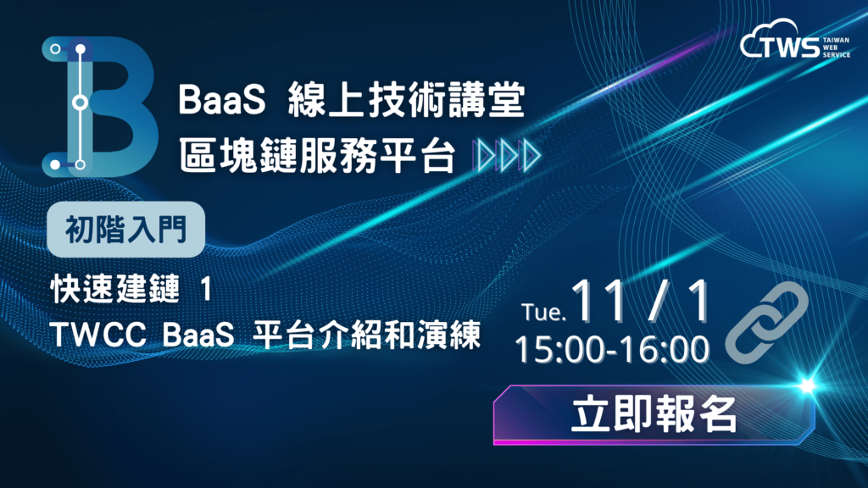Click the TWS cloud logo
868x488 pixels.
(795, 39)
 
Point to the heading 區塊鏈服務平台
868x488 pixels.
(317, 155)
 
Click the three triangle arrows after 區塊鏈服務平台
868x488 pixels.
(507, 156)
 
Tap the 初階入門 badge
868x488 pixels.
(126, 229)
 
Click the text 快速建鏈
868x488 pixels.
(115, 289)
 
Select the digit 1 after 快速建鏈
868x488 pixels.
(206, 290)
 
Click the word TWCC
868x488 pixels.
(98, 335)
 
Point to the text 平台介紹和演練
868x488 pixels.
(366, 335)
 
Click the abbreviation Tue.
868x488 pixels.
(543, 313)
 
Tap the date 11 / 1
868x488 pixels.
(640, 301)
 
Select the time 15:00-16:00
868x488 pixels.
(612, 350)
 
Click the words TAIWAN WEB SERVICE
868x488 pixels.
(836, 47)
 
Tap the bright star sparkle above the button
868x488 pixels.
(807, 385)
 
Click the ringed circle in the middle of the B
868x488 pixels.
(81, 103)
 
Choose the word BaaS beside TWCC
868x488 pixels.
(198, 335)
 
